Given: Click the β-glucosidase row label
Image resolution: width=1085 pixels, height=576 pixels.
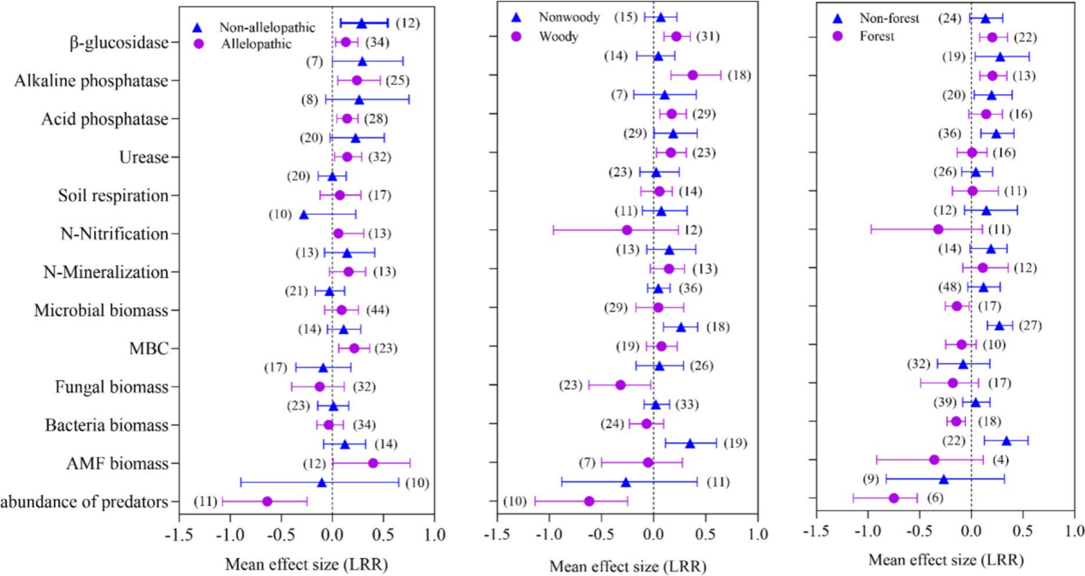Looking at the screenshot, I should pos(119,42).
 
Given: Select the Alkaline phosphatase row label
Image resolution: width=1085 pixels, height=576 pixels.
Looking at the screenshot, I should pos(92,80).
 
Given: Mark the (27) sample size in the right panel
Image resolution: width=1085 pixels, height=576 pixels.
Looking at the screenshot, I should pos(1048,325).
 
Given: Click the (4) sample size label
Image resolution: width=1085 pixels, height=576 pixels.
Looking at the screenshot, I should pos(999,460).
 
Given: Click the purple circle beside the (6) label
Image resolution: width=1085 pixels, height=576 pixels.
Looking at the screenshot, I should pos(894,498).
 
